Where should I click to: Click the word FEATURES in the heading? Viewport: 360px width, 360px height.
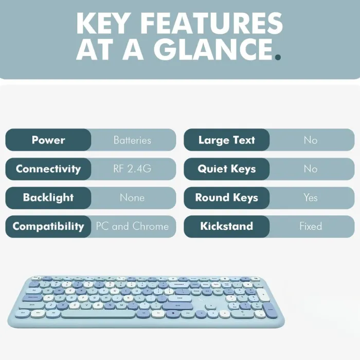pyautogui.click(x=211, y=23)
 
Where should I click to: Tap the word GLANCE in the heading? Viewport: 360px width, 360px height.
pyautogui.click(x=213, y=49)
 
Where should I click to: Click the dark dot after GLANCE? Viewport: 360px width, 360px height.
pyautogui.click(x=278, y=57)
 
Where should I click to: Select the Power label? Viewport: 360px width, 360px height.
pyautogui.click(x=48, y=140)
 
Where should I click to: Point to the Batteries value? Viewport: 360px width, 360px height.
pyautogui.click(x=132, y=140)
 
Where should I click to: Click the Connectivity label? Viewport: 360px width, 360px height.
pyautogui.click(x=48, y=169)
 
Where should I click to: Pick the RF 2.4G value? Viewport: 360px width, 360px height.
pyautogui.click(x=132, y=169)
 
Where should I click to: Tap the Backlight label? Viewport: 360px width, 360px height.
pyautogui.click(x=48, y=197)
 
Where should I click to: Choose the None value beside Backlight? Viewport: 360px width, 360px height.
pyautogui.click(x=132, y=197)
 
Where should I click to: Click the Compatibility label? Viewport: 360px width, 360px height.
pyautogui.click(x=48, y=227)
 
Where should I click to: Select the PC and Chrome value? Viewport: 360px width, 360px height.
pyautogui.click(x=132, y=226)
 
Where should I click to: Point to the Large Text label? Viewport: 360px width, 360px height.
pyautogui.click(x=227, y=140)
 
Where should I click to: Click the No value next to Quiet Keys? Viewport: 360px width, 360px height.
pyautogui.click(x=311, y=169)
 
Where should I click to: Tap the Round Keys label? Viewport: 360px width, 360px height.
pyautogui.click(x=227, y=198)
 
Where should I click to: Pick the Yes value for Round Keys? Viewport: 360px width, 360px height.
pyautogui.click(x=311, y=197)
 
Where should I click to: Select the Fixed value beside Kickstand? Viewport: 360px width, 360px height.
pyautogui.click(x=311, y=226)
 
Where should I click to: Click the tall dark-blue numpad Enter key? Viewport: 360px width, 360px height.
pyautogui.click(x=270, y=310)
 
